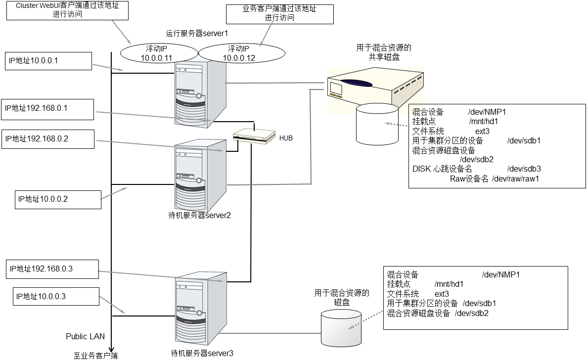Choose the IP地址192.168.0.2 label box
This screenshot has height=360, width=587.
pyautogui.click(x=48, y=139)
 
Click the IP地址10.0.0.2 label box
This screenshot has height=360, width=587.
pyautogui.click(x=57, y=199)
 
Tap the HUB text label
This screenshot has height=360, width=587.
pyautogui.click(x=286, y=138)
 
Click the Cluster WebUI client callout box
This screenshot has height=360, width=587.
pyautogui.click(x=67, y=10)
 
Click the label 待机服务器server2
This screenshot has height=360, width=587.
pyautogui.click(x=200, y=215)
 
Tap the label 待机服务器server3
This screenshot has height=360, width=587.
pyautogui.click(x=201, y=353)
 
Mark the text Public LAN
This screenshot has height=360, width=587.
pyautogui.click(x=86, y=336)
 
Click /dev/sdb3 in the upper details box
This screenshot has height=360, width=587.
pyautogui.click(x=524, y=169)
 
